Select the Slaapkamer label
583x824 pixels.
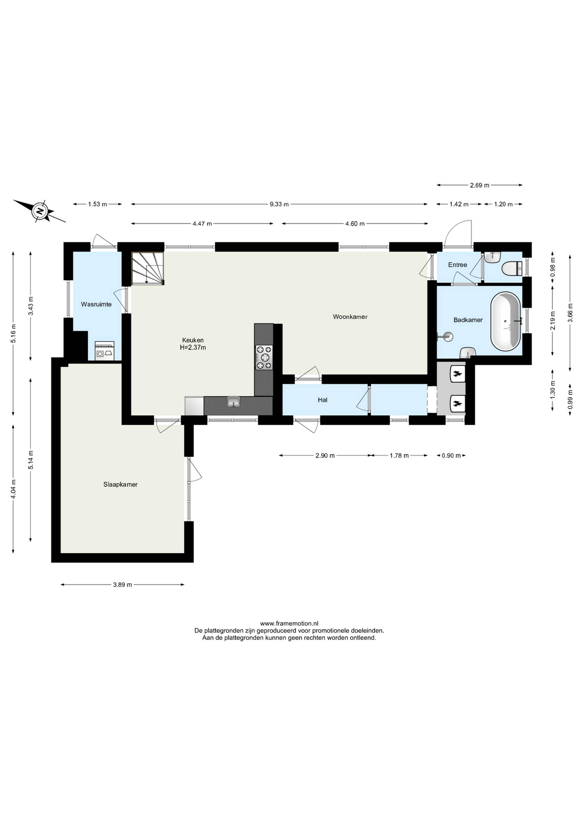[x=121, y=484]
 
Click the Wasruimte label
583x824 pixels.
[x=96, y=304]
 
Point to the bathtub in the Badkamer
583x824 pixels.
[x=505, y=321]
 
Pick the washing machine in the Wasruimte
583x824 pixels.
[x=104, y=351]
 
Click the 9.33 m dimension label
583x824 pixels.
[x=279, y=205]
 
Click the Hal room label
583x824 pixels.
[x=322, y=400]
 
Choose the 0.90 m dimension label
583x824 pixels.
[x=451, y=456]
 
